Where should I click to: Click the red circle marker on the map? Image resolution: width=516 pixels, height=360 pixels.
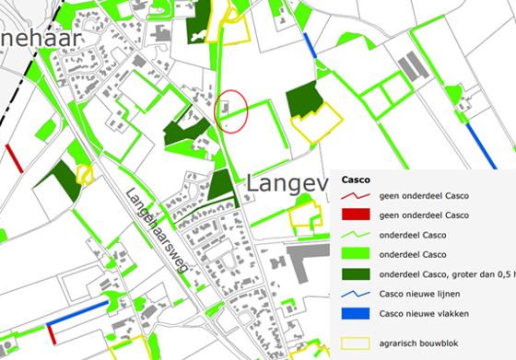(231, 111)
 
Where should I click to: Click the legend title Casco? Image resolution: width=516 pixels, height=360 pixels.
(358, 180)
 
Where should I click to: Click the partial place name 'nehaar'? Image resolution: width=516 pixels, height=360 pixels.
(41, 39)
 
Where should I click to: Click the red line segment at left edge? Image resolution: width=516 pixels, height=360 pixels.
(14, 157)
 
